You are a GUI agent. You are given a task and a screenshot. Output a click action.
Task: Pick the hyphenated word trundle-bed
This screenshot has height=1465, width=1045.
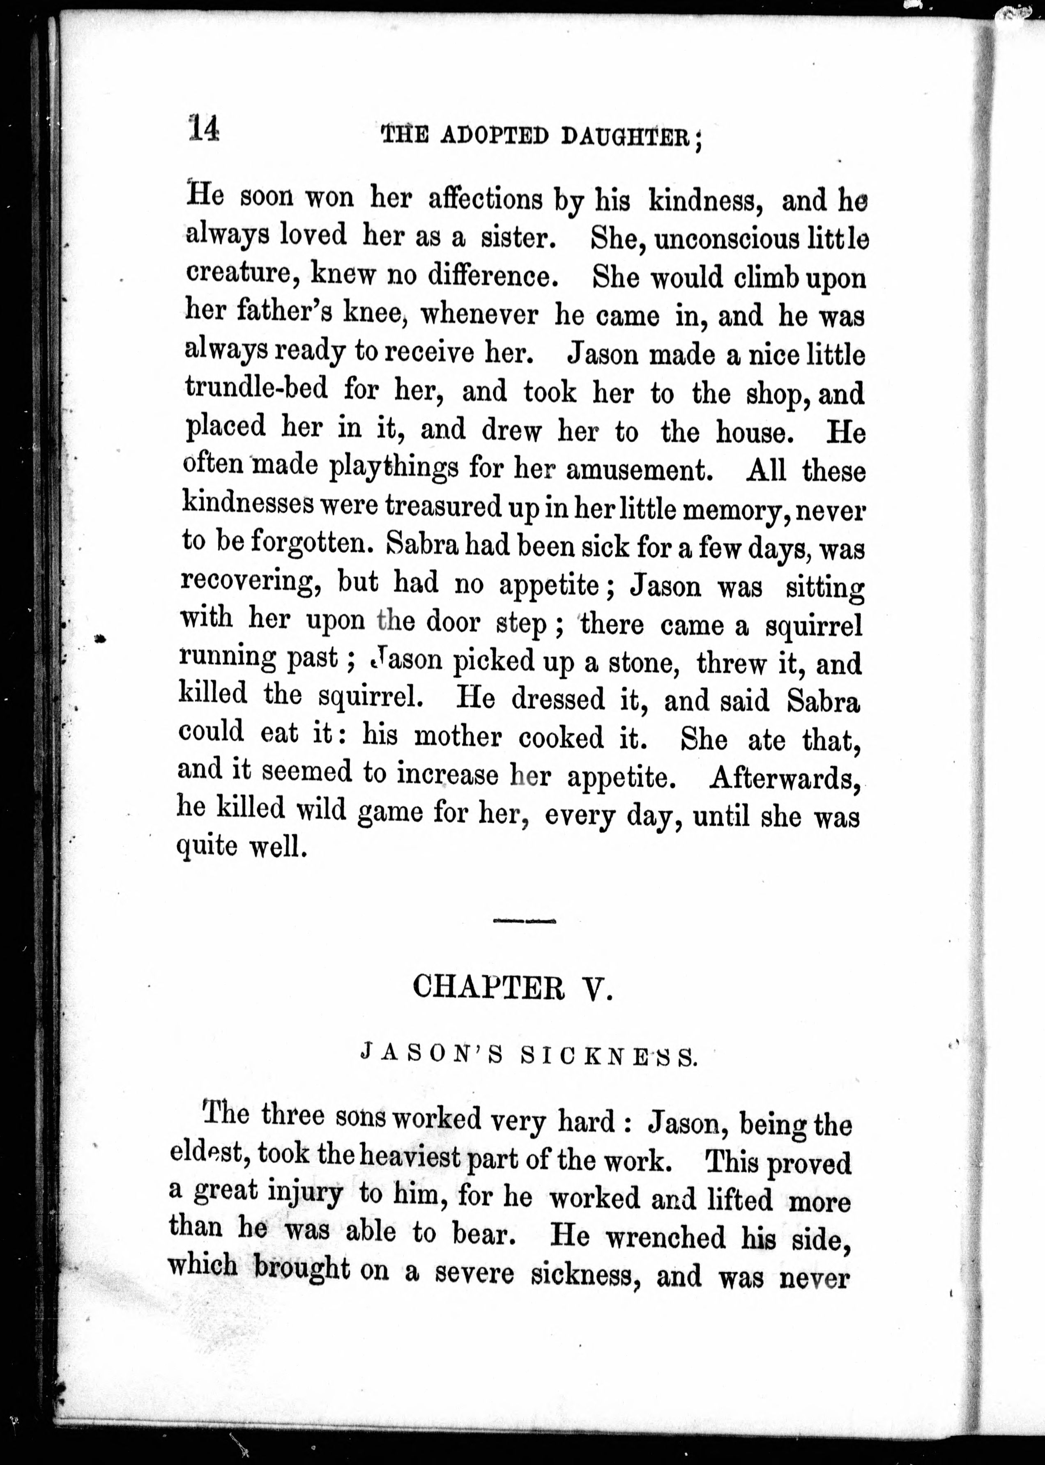256,388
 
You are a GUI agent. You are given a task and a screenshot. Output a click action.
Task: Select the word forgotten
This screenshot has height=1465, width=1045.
312,544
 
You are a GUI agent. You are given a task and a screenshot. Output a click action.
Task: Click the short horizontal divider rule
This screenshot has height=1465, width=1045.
525,921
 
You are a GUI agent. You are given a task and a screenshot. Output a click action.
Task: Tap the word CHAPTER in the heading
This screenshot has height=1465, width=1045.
489,987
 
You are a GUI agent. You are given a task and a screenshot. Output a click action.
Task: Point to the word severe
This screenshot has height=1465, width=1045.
474,1274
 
